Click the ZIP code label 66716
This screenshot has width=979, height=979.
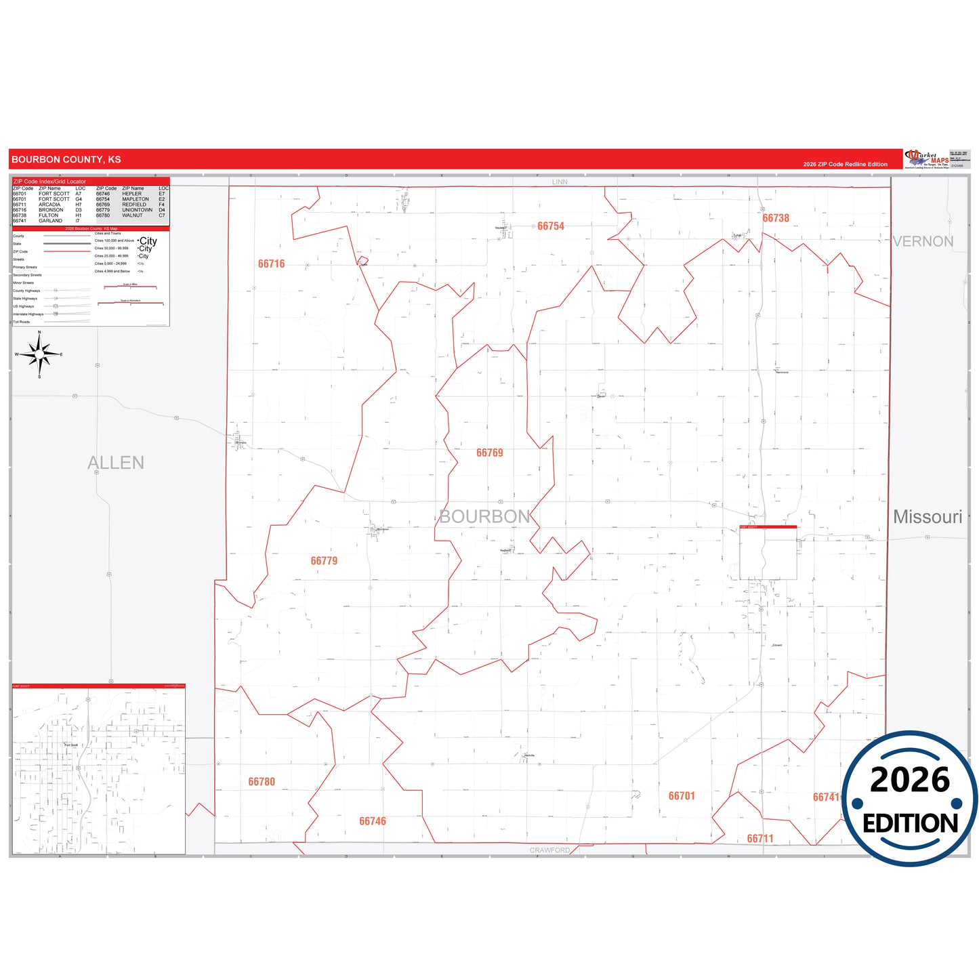click(271, 264)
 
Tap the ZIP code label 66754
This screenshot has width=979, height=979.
click(550, 226)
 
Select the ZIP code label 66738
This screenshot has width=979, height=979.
click(776, 218)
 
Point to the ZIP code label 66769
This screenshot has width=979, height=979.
click(489, 453)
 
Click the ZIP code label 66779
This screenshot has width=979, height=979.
click(324, 561)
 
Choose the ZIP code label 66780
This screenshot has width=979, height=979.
click(262, 782)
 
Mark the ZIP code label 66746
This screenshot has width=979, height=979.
click(372, 821)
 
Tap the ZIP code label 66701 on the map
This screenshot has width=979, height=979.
click(682, 796)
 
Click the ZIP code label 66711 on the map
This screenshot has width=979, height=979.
click(760, 839)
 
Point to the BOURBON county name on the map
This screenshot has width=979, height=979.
click(484, 517)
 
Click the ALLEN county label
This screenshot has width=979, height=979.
click(116, 463)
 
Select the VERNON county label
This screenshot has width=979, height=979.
click(923, 242)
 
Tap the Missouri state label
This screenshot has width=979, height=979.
click(928, 517)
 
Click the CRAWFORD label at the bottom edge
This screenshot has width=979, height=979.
click(549, 850)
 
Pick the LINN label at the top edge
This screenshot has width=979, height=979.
click(560, 182)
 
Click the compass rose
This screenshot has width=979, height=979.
click(39, 354)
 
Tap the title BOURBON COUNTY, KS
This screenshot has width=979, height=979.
click(66, 160)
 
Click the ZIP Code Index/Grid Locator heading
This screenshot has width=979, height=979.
click(50, 182)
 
